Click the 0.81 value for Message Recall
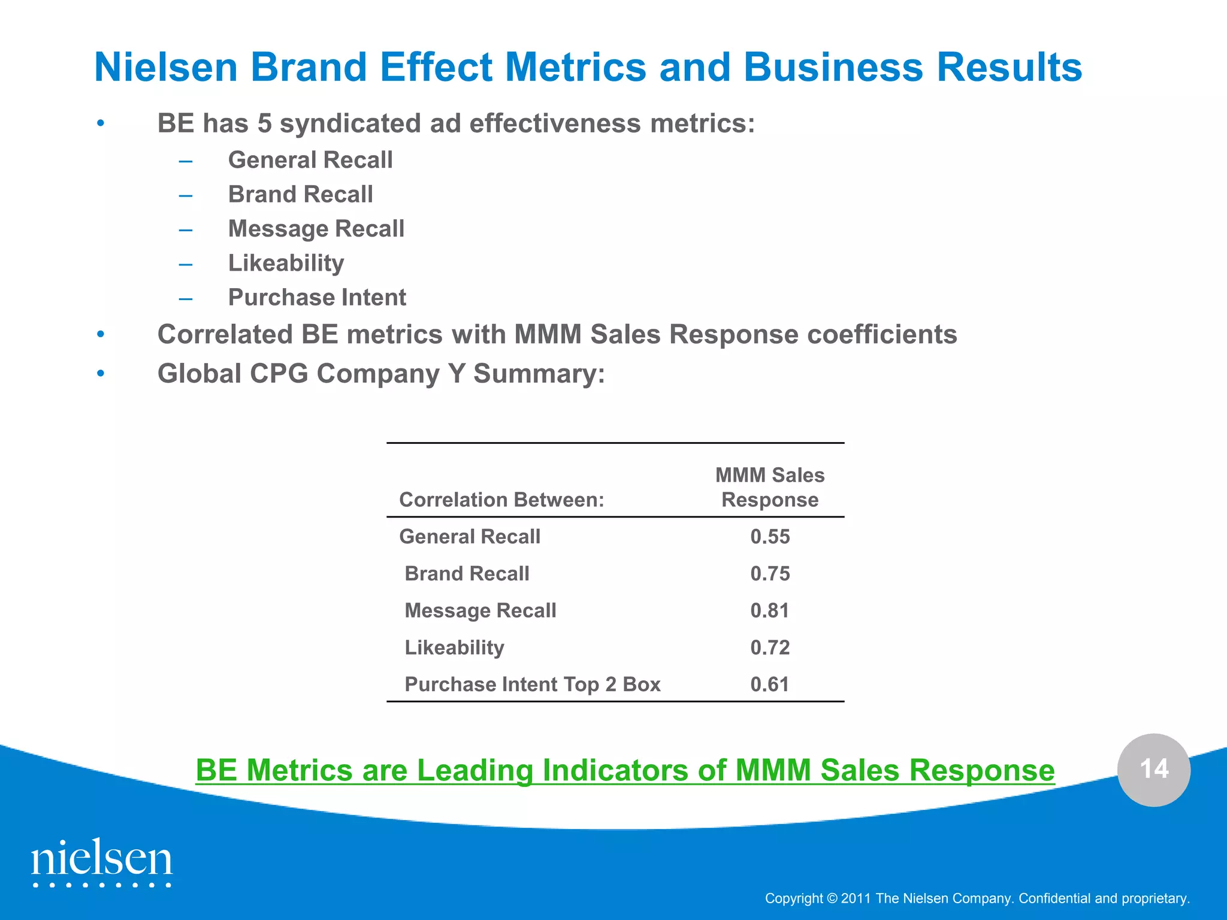770,610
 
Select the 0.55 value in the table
770,537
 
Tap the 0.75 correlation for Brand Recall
770,574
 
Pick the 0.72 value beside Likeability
770,647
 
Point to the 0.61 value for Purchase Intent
770,685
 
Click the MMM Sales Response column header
770,488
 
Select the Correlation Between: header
501,500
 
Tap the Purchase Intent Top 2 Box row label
532,685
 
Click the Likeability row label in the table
454,647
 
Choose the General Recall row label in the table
470,537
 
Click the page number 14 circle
1154,770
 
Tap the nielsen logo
102,862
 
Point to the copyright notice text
977,898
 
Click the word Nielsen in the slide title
166,67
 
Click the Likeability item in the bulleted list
286,264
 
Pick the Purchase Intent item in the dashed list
317,298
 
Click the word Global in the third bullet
199,374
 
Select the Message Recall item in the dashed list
316,229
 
